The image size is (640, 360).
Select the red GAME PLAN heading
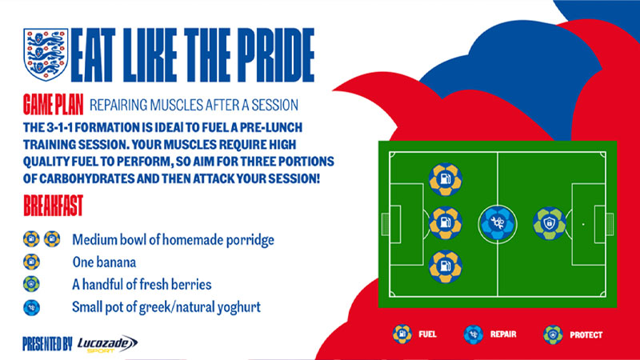tap(52, 105)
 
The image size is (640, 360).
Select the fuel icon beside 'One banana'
tap(31, 262)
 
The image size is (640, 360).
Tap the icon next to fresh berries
tap(31, 284)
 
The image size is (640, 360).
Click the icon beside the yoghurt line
tap(31, 306)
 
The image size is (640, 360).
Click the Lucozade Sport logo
tap(107, 343)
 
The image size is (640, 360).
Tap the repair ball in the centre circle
tap(497, 224)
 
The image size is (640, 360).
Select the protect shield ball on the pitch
tap(550, 224)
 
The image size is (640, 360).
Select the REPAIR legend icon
tap(474, 334)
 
